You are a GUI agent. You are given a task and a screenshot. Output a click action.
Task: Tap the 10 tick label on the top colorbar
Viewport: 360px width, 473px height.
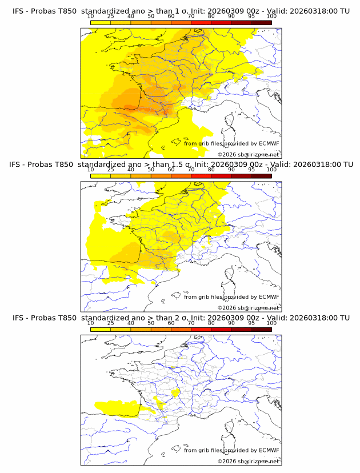tap(90, 17)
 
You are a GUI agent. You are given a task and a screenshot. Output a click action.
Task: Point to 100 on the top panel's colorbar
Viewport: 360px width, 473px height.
tap(271, 17)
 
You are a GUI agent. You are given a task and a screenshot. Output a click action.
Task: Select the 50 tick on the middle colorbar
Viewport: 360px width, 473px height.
tap(151, 170)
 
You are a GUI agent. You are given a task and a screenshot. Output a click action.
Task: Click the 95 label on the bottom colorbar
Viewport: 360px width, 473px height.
tap(251, 323)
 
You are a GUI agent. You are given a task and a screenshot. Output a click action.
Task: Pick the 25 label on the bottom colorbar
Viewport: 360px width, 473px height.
tap(111, 323)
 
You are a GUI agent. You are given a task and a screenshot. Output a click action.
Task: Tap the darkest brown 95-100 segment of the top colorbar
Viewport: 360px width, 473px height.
tap(261, 22)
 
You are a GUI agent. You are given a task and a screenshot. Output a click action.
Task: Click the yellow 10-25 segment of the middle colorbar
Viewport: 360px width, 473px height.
tap(101, 176)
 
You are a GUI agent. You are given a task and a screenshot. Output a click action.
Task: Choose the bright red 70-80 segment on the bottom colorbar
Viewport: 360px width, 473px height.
tap(201, 329)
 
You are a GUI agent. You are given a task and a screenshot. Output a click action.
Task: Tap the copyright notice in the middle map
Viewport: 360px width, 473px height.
tap(248, 307)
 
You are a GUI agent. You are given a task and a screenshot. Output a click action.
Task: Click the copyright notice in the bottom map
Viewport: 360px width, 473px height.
tap(248, 460)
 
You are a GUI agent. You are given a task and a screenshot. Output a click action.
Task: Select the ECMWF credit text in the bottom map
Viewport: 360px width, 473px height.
tap(231, 450)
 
